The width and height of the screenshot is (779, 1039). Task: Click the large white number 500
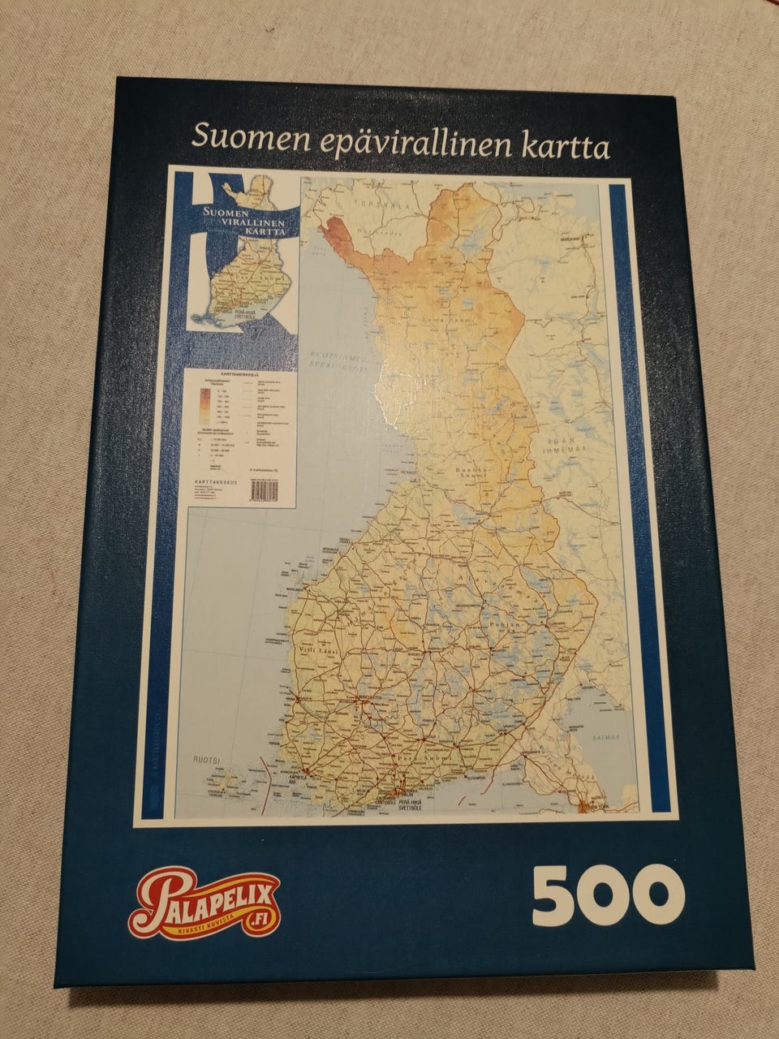click(x=608, y=895)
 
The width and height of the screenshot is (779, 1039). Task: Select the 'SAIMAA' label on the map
click(x=605, y=737)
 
